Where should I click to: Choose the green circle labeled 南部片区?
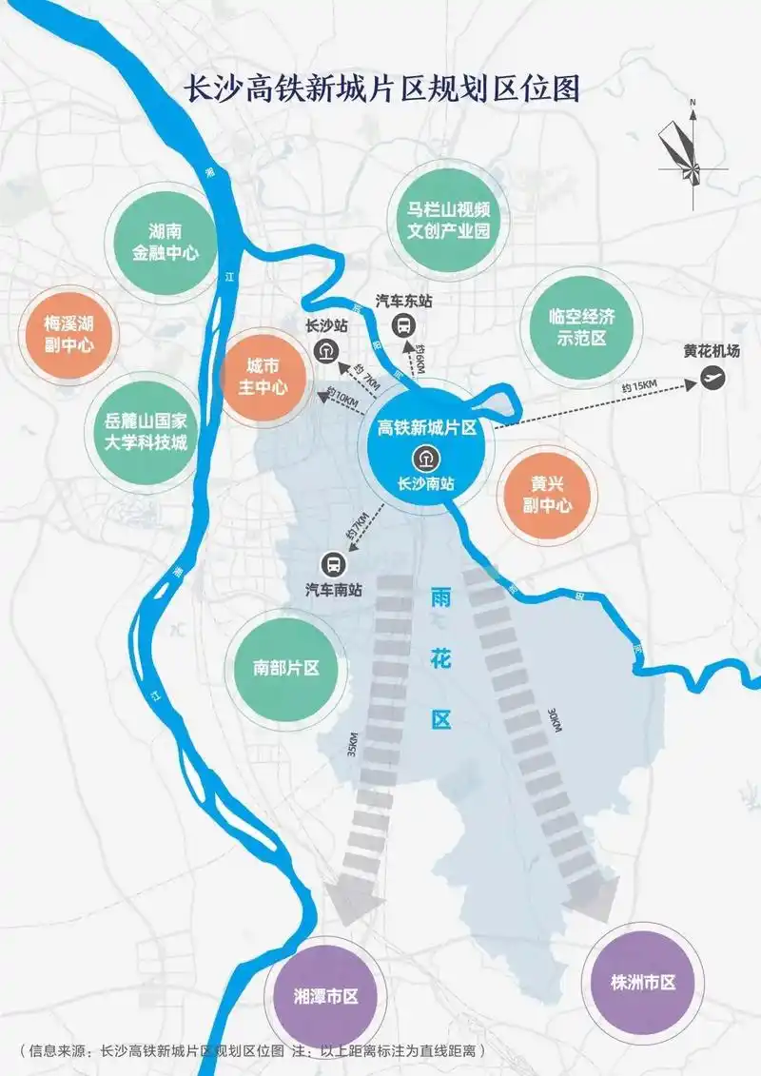[285, 667]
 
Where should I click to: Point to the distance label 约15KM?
[638, 384]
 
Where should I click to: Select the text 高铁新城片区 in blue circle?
[426, 429]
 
